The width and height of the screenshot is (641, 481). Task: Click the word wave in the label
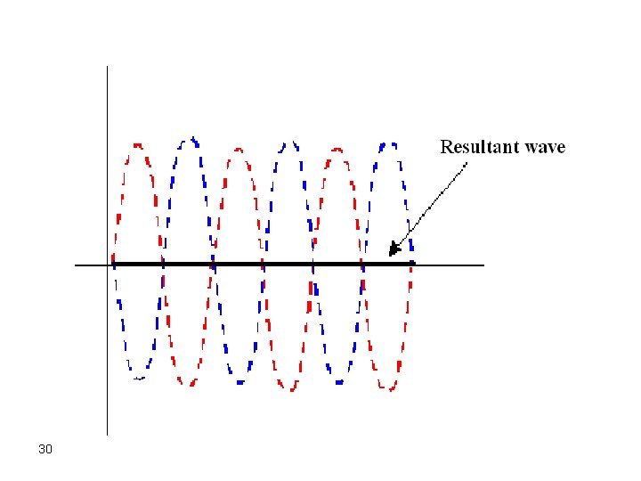[x=543, y=148]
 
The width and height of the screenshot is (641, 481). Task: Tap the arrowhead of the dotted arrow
[x=393, y=253]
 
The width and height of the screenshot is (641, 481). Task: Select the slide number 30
[x=45, y=449]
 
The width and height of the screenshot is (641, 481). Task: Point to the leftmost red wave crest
[x=137, y=143]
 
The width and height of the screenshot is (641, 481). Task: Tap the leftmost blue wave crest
[x=189, y=139]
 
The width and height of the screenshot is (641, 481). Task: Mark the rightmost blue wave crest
[x=387, y=143]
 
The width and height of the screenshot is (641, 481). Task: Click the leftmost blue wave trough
[x=138, y=377]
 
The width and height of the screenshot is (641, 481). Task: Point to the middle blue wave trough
[x=239, y=381]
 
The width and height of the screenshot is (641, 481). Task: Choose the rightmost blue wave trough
[x=338, y=381]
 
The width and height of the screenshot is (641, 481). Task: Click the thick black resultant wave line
[x=267, y=264]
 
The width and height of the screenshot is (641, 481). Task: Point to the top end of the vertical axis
[x=107, y=67]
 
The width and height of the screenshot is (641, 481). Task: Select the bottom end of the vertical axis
[x=107, y=434]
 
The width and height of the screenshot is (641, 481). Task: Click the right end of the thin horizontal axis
[x=483, y=265]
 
